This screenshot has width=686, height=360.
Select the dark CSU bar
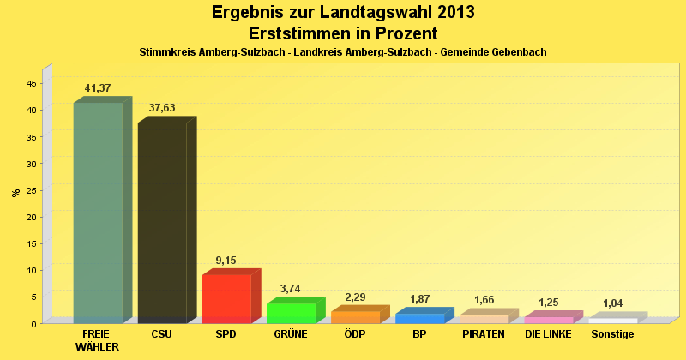[x=162, y=223]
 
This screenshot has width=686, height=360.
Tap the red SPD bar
[x=226, y=298]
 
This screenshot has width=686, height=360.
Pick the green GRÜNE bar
[x=291, y=313]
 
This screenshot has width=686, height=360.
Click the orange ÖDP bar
[x=355, y=317]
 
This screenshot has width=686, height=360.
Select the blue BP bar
[x=419, y=318]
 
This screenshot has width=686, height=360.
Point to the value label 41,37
[x=98, y=88]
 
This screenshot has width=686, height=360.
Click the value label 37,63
[x=162, y=108]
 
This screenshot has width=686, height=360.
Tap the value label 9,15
[x=226, y=260]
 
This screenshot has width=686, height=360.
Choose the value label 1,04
[x=613, y=303]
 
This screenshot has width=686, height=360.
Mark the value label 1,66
[x=484, y=300]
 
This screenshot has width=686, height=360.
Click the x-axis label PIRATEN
[x=484, y=333]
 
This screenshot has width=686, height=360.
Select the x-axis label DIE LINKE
[x=549, y=333]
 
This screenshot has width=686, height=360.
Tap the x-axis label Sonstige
[x=613, y=333]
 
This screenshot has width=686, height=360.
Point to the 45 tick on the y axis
[x=31, y=83]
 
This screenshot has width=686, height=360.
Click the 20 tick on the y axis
[x=31, y=217]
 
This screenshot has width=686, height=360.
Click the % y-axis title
[x=15, y=193]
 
